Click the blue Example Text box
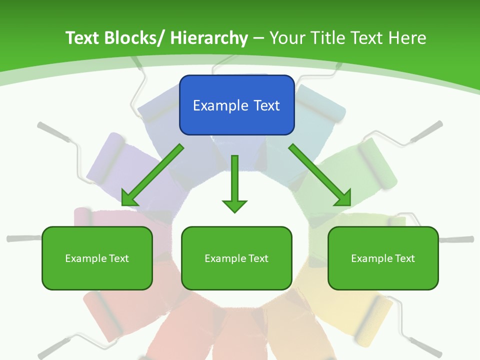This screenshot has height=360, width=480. click(x=236, y=105)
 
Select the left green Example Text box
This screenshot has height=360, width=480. click(x=97, y=258)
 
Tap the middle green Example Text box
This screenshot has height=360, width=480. click(x=236, y=258)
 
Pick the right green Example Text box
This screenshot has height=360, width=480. click(x=383, y=258)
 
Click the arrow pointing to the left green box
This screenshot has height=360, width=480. click(x=152, y=175)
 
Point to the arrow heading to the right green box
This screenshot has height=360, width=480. click(x=320, y=175)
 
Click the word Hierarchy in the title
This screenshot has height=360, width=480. click(x=209, y=38)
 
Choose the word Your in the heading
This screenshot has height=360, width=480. click(x=287, y=38)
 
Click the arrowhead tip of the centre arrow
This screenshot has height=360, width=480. click(x=234, y=211)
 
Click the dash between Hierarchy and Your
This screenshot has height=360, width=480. click(x=258, y=38)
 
